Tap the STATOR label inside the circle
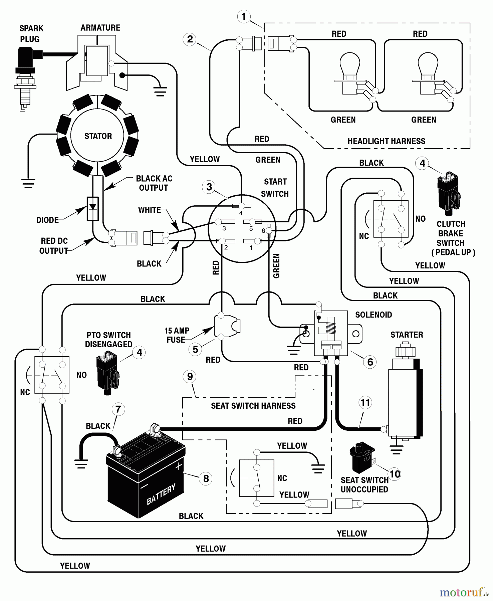(98, 136)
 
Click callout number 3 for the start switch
(209, 187)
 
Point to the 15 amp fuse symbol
(227, 327)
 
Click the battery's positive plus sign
(179, 466)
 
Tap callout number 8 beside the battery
(206, 478)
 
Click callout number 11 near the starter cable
(365, 402)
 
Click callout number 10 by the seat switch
(395, 474)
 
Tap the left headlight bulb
(349, 67)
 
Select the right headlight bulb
(428, 67)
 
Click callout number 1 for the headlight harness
(244, 16)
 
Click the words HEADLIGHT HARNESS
(386, 141)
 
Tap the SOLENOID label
(373, 315)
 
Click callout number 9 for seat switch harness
(190, 377)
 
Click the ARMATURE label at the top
(100, 28)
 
